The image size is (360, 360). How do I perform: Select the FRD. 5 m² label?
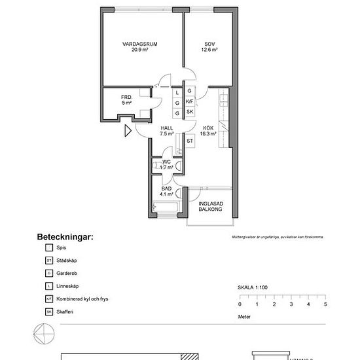tap(126, 100)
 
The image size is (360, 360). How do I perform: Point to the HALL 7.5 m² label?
tap(166, 131)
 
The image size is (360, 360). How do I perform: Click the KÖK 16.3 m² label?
tap(208, 131)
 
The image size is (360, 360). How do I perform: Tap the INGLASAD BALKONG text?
tap(211, 207)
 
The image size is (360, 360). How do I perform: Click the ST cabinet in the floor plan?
tap(190, 141)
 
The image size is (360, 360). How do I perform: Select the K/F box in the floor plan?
tap(190, 102)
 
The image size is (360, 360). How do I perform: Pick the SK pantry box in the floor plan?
tap(190, 113)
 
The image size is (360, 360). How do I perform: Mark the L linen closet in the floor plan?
tap(177, 92)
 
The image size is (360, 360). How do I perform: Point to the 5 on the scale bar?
tap(325, 304)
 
